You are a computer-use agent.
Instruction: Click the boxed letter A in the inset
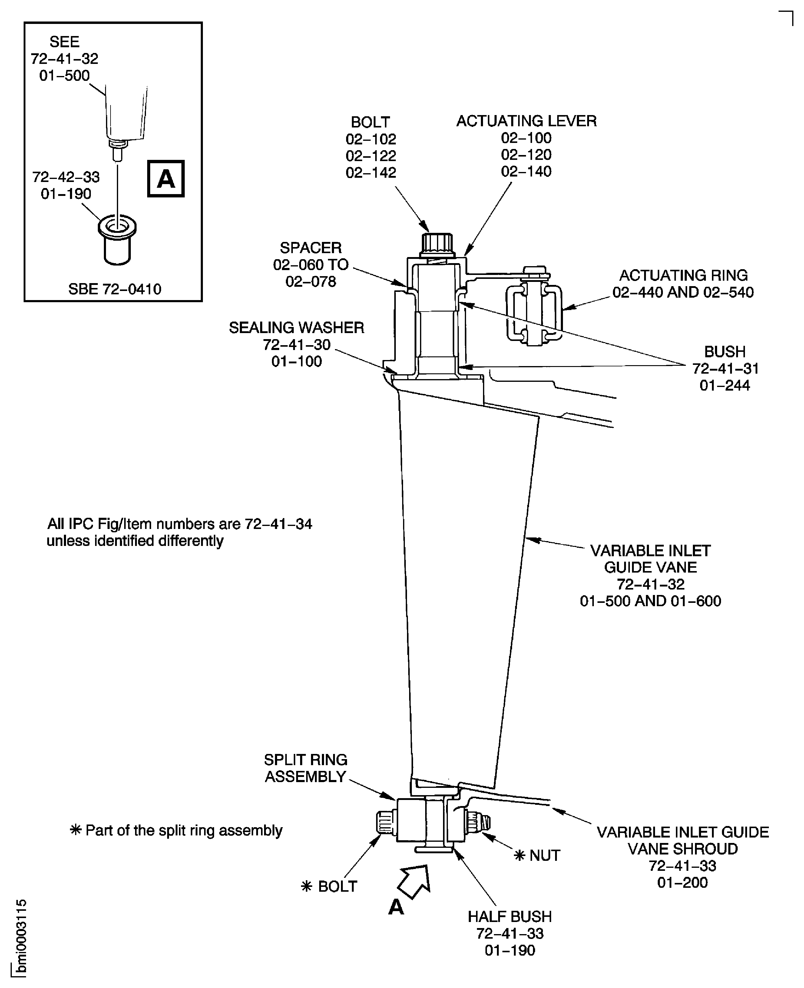coord(166,179)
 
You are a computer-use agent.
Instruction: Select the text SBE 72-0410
coord(114,289)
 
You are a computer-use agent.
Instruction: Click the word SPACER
coord(311,248)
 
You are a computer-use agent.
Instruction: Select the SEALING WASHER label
coord(296,328)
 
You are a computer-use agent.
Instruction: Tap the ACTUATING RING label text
coord(683,276)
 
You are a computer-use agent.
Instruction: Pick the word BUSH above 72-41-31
coord(725,352)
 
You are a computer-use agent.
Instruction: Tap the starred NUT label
coord(537,856)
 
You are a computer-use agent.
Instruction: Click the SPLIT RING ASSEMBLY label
coord(306,768)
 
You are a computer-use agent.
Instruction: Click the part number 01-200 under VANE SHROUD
coord(682,882)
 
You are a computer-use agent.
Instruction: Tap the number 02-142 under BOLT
coord(371,173)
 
